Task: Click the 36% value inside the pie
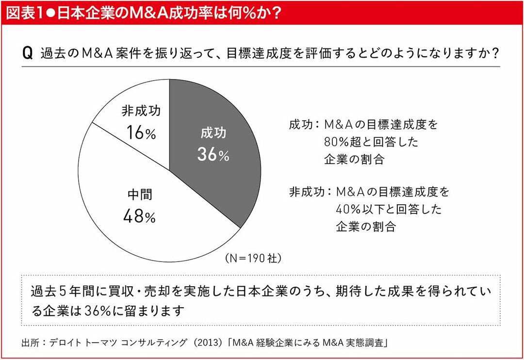213,154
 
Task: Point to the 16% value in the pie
140,132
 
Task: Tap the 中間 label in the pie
140,195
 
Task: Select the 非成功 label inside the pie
141,111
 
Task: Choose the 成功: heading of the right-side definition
303,125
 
